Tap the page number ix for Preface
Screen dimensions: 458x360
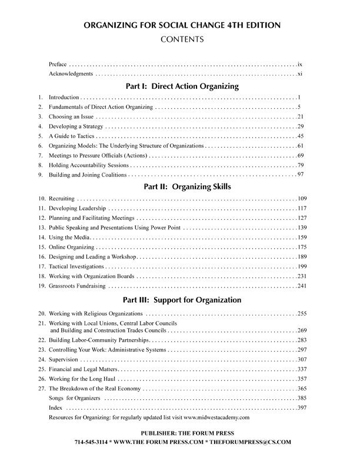tap(299, 63)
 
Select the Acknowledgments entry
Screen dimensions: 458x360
tap(71, 75)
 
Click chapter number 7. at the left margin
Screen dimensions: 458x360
tap(40, 155)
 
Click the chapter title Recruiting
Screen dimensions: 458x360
tap(61, 199)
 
